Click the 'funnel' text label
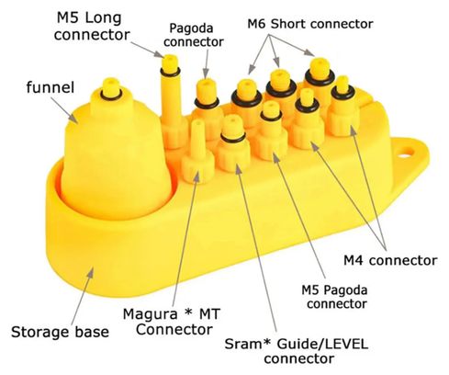(x=51, y=87)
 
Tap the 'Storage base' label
(x=60, y=332)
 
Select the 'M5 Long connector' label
(x=92, y=27)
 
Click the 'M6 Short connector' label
(x=310, y=24)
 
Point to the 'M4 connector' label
(x=390, y=260)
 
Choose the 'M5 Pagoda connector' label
(x=334, y=297)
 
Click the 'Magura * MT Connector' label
(x=172, y=322)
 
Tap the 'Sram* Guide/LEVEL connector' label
(x=297, y=351)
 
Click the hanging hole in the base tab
(x=406, y=152)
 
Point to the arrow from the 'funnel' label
(x=64, y=110)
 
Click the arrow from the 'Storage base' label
(x=83, y=297)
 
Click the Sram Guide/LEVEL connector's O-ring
(x=233, y=138)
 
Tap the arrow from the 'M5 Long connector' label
(x=148, y=50)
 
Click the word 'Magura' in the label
(x=151, y=314)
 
